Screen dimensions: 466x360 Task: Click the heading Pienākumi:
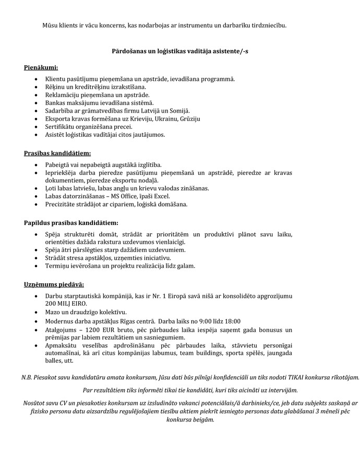(41, 68)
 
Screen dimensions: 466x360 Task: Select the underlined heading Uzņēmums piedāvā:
(54, 285)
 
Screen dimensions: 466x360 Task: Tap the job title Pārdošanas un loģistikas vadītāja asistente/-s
(180, 52)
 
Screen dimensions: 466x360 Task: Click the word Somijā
(179, 111)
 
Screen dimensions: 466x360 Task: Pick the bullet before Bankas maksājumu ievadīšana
(35, 103)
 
